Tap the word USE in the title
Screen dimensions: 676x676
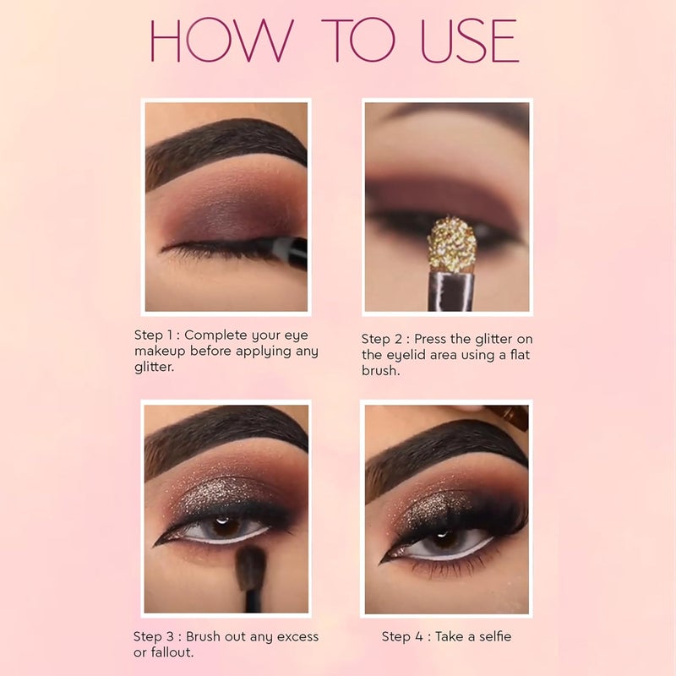tap(470, 41)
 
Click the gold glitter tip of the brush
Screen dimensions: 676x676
tap(452, 244)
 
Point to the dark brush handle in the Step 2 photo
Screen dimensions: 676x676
tap(452, 291)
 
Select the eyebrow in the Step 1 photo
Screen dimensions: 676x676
tap(224, 150)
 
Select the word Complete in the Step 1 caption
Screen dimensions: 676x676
tap(215, 335)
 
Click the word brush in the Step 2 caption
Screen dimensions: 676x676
tap(381, 371)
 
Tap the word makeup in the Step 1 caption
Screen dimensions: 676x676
tap(160, 352)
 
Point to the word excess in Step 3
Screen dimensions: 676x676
tap(297, 637)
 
